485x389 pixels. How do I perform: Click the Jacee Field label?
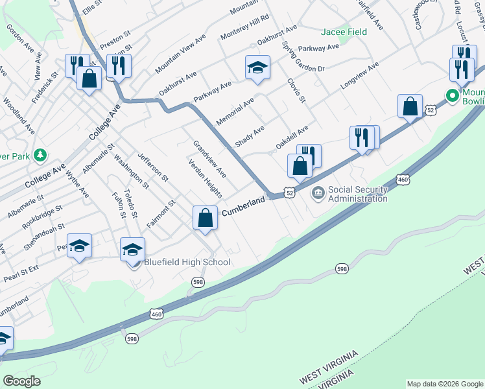344,32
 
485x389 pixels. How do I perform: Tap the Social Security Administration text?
358,194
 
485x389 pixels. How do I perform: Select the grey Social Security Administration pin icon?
318,192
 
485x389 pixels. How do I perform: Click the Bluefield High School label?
187,262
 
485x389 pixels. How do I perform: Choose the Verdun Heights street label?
206,180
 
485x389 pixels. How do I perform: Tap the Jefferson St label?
153,167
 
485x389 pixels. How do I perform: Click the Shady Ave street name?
250,136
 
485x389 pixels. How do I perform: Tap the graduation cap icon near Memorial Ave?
257,67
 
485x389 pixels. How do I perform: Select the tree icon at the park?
40,155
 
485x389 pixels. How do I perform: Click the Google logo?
21,381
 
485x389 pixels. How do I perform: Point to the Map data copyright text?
444,384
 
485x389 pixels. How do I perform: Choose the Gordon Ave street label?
19,38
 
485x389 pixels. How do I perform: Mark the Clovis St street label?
296,90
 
